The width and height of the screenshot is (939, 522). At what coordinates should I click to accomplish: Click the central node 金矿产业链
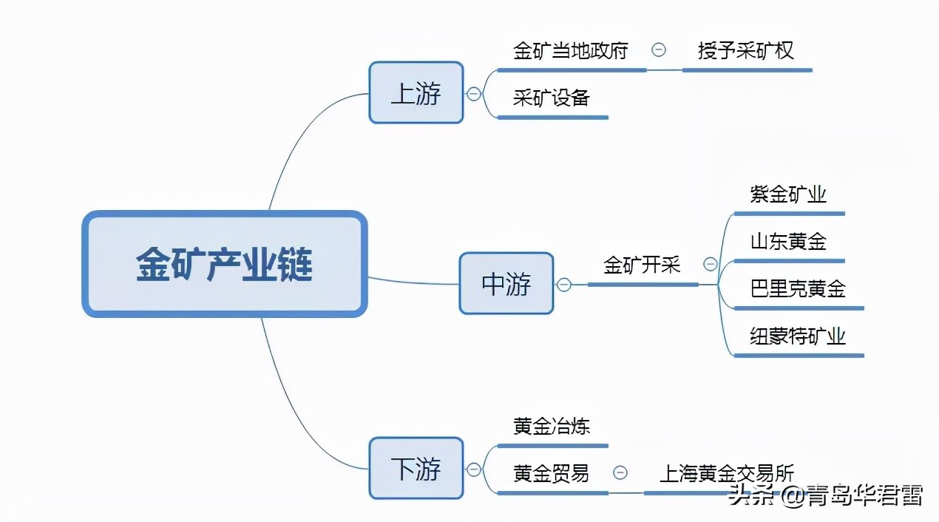coord(224,264)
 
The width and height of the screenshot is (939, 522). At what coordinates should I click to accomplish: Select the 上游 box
coord(416,93)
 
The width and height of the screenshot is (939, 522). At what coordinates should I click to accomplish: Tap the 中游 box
coord(506,284)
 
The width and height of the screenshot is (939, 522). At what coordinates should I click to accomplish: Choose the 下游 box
coord(416,468)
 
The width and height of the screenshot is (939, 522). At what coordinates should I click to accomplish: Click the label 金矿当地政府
coord(570,50)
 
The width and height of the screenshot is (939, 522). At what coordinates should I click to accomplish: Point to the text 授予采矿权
coord(745,50)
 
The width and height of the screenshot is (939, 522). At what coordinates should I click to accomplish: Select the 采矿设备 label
coord(551,98)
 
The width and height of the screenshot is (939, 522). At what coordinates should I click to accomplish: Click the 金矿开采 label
coord(642,265)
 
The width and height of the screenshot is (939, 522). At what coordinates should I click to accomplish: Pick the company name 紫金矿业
coord(788,194)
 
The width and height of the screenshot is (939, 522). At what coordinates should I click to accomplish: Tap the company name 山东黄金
coord(788,241)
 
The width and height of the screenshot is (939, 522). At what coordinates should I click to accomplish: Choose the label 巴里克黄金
coord(798,288)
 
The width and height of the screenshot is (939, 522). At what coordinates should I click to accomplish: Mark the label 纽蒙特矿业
coord(798,336)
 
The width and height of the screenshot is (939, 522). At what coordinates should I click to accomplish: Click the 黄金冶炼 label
coord(552,426)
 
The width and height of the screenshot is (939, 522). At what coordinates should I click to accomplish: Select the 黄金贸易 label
coord(551,473)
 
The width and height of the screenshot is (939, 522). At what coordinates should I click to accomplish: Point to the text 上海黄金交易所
coord(726,473)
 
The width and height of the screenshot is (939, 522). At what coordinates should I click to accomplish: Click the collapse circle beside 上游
coord(473,94)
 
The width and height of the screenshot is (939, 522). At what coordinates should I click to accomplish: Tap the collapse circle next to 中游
coord(563,285)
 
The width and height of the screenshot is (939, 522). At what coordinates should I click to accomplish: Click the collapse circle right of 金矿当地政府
coord(658,50)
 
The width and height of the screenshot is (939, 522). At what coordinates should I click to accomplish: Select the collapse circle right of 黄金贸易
coord(620,473)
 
